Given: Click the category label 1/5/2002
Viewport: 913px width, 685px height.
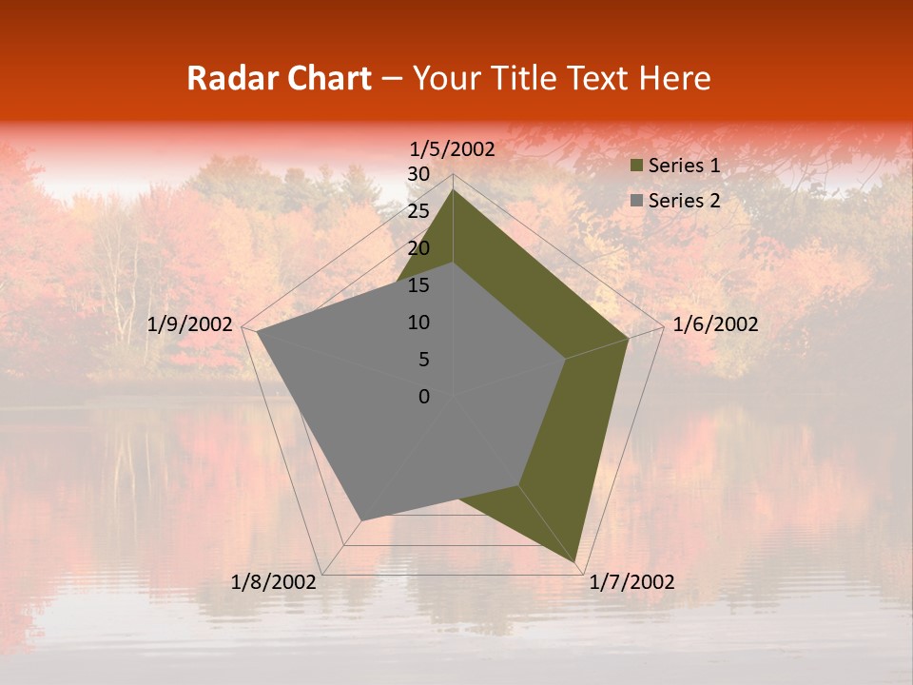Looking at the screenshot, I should click(453, 149).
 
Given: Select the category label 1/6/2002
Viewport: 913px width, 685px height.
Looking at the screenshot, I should click(715, 324).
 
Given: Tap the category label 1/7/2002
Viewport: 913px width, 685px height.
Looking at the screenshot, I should click(631, 582).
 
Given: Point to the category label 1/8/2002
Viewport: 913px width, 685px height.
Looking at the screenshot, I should click(274, 582).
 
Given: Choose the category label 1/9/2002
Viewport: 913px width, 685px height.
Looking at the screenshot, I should click(190, 324).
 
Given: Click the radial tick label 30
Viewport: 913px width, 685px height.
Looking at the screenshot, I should click(418, 174).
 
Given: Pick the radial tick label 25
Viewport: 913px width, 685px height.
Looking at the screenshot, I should click(418, 211).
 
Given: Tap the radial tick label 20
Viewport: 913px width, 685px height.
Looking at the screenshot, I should click(418, 248).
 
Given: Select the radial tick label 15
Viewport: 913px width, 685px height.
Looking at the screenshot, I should click(418, 285).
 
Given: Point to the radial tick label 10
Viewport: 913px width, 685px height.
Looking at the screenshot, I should click(418, 323).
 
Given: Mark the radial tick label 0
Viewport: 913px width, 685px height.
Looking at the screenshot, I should click(424, 397).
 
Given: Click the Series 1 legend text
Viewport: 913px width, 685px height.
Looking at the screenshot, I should click(684, 166).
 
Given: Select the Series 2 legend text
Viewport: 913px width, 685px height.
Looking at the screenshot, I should click(684, 201).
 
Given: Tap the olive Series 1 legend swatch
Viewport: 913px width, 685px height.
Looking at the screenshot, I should click(637, 166).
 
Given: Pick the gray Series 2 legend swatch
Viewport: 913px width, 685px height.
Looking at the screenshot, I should click(637, 201).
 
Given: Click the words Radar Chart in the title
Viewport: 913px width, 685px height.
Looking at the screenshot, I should click(279, 78).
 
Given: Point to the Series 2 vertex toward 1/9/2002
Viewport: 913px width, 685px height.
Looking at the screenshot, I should click(257, 332).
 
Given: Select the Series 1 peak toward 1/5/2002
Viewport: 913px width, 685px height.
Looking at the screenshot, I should click(453, 189).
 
